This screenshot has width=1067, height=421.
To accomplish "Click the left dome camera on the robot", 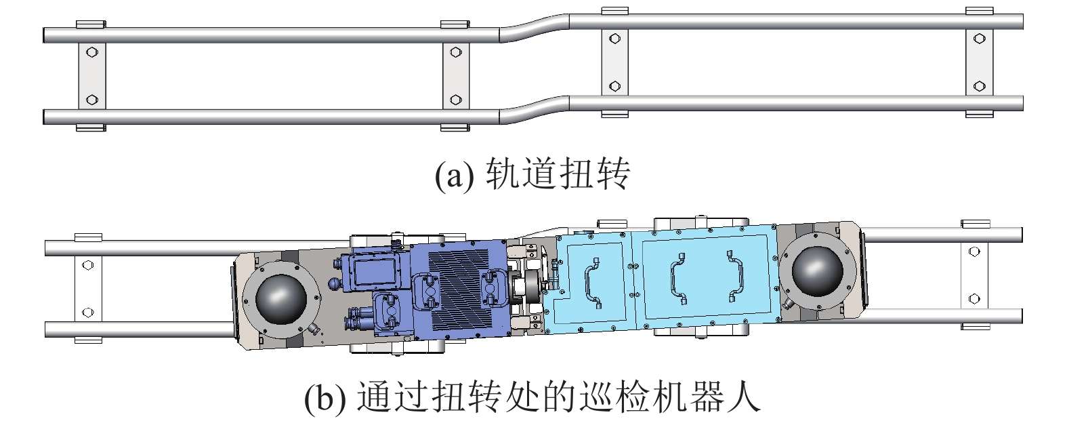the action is click(x=281, y=299).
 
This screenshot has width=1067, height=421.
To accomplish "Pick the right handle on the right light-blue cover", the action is click(x=735, y=276).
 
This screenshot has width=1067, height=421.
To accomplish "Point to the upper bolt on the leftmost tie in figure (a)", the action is click(x=92, y=52).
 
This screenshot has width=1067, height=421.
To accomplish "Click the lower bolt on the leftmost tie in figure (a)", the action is click(x=92, y=100).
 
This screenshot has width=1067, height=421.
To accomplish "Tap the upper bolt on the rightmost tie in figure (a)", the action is click(x=980, y=39).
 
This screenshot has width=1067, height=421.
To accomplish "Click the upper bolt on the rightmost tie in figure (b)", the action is click(x=975, y=252).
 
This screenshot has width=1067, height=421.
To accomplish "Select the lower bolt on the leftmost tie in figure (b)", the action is click(x=87, y=313).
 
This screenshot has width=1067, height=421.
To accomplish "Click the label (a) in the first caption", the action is click(x=455, y=176).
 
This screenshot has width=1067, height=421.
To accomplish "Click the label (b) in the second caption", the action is click(x=325, y=397).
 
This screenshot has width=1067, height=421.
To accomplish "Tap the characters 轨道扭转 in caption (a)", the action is click(x=558, y=174).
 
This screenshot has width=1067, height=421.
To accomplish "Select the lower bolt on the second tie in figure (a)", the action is click(x=456, y=100).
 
